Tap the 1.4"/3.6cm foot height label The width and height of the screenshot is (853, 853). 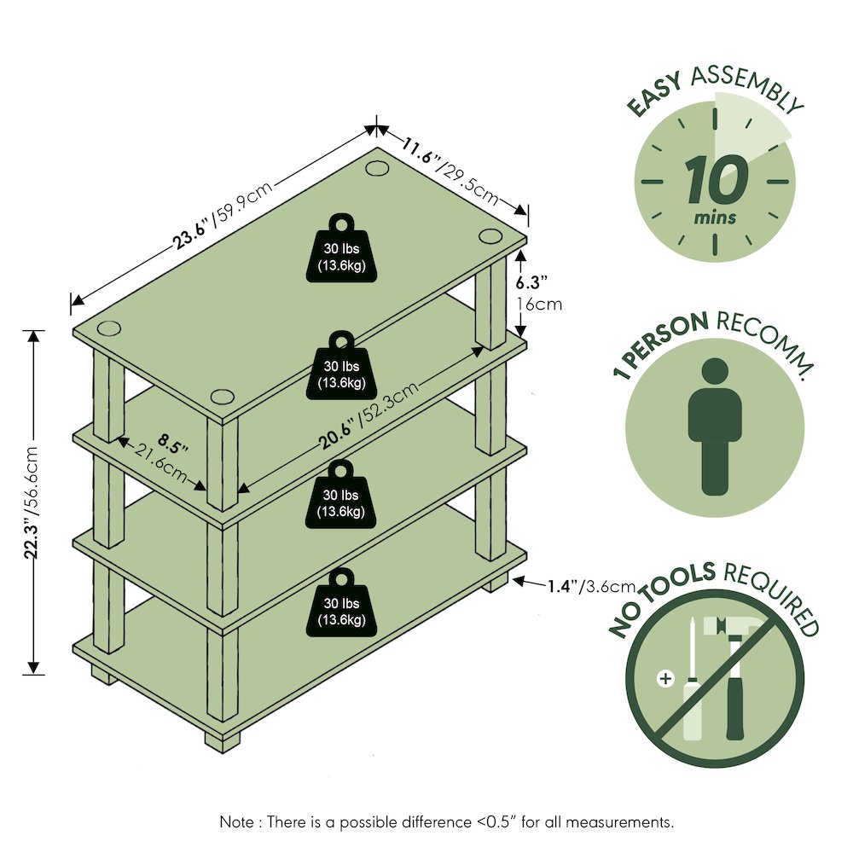(x=591, y=586)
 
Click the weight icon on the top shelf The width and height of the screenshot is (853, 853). (x=341, y=248)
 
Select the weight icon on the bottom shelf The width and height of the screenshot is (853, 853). (x=341, y=603)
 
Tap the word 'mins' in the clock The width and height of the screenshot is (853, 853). (x=715, y=218)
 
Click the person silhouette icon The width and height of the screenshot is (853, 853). (x=715, y=426)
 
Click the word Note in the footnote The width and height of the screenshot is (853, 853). (x=236, y=821)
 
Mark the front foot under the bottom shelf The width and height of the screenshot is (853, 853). (x=223, y=740)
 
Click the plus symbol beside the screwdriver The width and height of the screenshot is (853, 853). (x=665, y=679)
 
